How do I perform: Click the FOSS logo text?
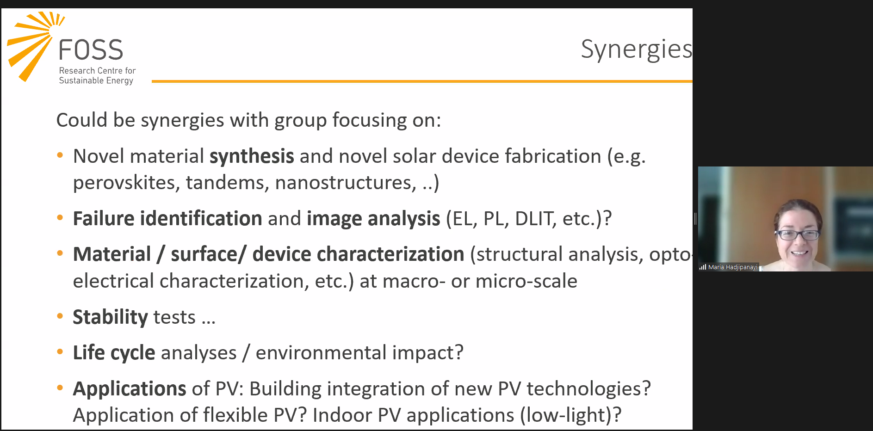91,50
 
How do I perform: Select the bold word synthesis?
252,156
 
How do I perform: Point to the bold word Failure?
104,218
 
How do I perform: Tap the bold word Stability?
110,317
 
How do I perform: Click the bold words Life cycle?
114,353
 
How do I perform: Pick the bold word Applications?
130,389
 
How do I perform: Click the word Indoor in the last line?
342,415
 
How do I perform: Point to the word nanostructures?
346,183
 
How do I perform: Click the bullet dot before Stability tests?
60,317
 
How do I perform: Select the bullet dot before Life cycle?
60,352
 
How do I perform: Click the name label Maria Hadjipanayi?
733,267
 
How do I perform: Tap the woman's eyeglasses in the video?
797,234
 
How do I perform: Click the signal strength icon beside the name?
703,267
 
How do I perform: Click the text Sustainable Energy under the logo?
96,80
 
